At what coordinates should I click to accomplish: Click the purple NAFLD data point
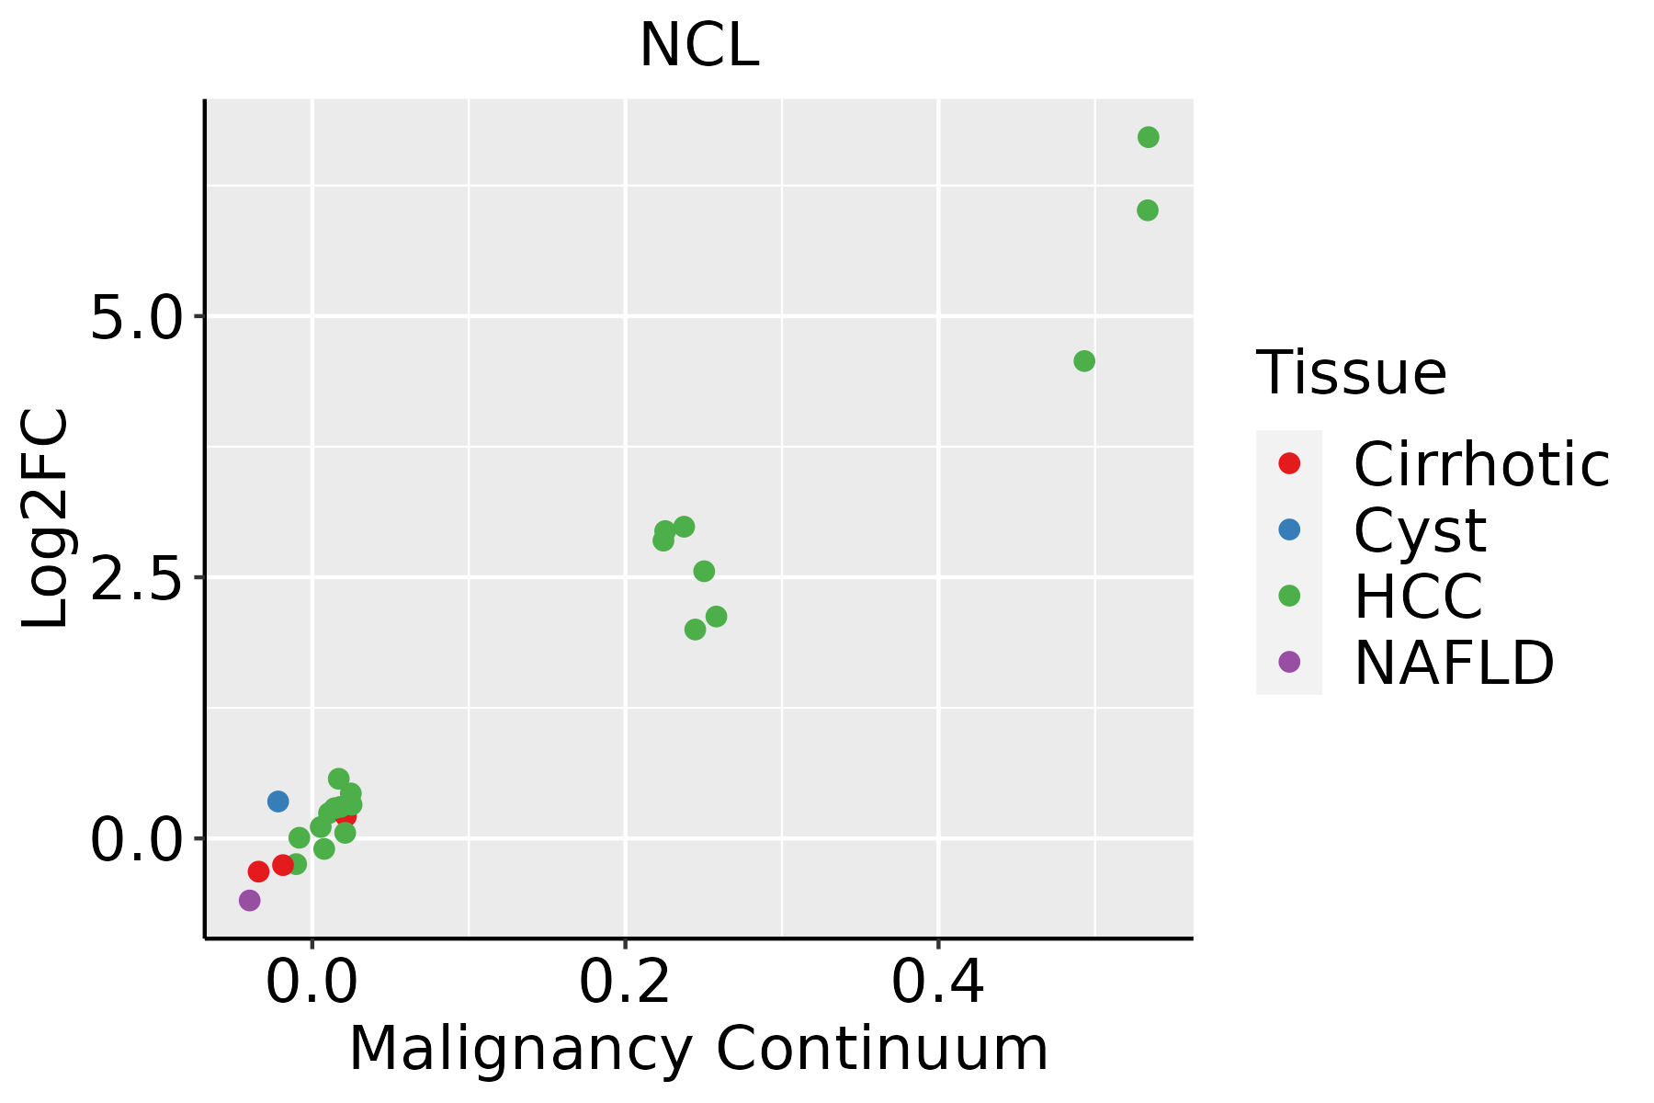point(249,901)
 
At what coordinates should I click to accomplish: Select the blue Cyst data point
point(278,802)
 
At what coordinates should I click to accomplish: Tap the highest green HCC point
point(1149,137)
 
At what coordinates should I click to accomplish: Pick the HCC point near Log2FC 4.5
point(1084,361)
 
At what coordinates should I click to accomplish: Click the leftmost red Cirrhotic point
point(258,871)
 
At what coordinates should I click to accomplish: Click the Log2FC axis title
point(46,519)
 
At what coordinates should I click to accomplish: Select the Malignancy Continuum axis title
point(698,1050)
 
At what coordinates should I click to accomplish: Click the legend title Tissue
point(1351,373)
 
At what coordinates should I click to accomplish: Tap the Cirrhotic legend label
point(1481,464)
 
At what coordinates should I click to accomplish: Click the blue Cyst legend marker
point(1289,529)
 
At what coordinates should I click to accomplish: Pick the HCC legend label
point(1418,596)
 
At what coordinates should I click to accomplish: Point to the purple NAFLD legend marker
point(1289,662)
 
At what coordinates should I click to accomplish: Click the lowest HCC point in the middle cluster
point(696,630)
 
